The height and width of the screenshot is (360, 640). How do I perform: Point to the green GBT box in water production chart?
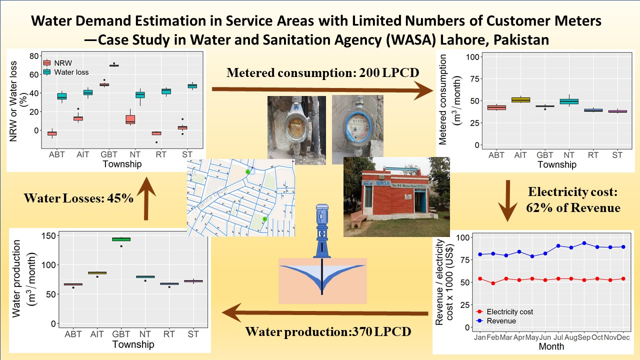[x=121, y=239]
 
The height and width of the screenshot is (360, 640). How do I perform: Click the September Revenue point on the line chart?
[x=583, y=243]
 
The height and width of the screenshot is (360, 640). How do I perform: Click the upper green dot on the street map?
[x=247, y=172]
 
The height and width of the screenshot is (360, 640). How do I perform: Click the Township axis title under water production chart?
[x=133, y=344]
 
